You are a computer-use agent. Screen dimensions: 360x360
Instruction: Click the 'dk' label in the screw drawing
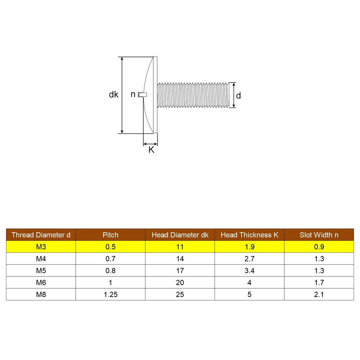114,95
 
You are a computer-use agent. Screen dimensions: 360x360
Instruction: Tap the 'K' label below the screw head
151,150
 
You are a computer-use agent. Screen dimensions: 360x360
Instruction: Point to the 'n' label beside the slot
133,94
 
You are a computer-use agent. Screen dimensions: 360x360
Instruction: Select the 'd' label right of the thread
238,95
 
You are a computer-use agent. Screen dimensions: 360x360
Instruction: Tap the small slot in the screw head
142,94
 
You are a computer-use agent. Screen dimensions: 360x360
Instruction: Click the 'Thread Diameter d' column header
41,235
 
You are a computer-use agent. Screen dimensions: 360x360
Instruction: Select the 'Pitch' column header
110,235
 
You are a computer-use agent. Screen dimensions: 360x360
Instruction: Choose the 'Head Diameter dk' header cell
180,235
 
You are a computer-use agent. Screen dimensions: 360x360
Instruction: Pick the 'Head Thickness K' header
249,235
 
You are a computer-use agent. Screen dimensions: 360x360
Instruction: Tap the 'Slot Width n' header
319,235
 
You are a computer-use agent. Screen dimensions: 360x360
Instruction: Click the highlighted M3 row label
41,247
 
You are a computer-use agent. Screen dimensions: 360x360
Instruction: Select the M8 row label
41,294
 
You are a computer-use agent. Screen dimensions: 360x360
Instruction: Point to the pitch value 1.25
110,294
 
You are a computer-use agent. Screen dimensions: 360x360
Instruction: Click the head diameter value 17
180,271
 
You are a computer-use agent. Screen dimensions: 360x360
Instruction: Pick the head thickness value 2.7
249,259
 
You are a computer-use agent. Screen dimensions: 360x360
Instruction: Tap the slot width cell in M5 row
319,271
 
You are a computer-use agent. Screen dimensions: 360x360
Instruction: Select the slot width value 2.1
319,294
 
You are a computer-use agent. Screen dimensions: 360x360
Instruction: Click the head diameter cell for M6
180,283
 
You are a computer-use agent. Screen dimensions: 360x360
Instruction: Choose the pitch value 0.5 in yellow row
110,247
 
